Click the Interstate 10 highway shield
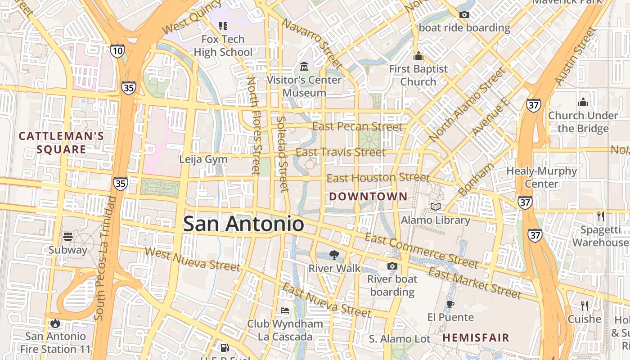(117, 50)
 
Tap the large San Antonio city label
(243, 224)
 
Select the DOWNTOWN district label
(368, 197)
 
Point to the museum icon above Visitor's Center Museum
(304, 67)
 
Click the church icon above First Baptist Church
(418, 56)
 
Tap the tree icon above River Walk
(334, 255)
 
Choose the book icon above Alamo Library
(436, 207)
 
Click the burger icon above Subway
(68, 236)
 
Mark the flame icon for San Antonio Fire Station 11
(55, 323)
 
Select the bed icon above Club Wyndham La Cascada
(285, 310)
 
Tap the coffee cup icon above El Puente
(450, 304)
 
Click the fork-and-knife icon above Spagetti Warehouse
(600, 216)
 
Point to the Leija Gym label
(203, 159)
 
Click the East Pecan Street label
(357, 127)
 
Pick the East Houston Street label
(378, 178)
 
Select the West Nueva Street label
(193, 259)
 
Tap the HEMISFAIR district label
(476, 337)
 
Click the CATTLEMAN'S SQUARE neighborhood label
(61, 143)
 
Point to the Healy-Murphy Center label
(541, 177)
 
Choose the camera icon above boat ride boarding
(464, 15)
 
